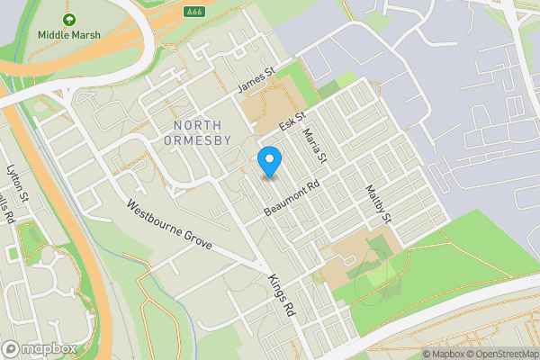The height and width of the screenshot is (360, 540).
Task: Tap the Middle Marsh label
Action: point(69,35)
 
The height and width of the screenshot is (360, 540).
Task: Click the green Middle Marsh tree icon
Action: point(69,19)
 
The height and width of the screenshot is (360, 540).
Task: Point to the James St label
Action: point(255,80)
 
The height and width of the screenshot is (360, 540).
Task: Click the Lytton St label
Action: point(17,181)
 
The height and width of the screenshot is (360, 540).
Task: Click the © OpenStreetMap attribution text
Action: point(499,354)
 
